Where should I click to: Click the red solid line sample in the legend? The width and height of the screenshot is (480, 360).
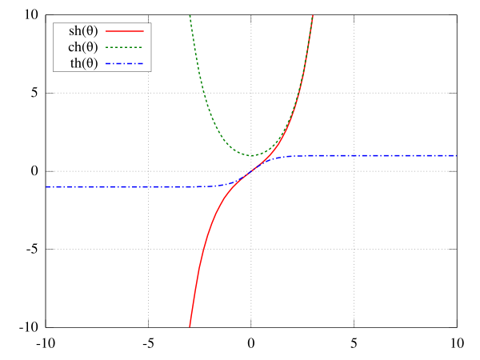tap(125, 31)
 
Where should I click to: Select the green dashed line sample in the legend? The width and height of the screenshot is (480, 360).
tap(125, 47)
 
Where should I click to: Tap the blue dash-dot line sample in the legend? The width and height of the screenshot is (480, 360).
tap(125, 63)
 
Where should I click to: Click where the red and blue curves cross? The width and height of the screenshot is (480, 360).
tap(251, 171)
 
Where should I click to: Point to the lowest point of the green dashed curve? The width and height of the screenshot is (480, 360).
tap(251, 155)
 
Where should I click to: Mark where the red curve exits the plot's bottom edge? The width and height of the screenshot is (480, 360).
tap(190, 326)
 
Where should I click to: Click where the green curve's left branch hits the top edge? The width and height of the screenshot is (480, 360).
tap(190, 15)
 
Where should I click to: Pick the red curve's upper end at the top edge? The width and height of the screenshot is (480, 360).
tap(313, 15)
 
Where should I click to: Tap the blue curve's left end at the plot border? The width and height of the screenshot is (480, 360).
tap(46, 186)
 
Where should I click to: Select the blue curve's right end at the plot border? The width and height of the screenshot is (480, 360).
tap(456, 155)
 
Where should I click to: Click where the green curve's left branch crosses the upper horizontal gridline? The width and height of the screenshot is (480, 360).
tap(203, 93)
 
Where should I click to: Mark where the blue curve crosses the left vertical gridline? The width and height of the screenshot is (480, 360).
tap(148, 186)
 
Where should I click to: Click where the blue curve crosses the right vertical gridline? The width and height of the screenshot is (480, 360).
tap(354, 155)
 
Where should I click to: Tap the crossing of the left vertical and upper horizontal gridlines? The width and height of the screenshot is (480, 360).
tap(148, 93)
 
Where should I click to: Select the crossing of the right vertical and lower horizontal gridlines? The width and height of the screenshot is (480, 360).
tap(354, 249)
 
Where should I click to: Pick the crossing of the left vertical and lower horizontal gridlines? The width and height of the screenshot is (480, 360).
tap(148, 249)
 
